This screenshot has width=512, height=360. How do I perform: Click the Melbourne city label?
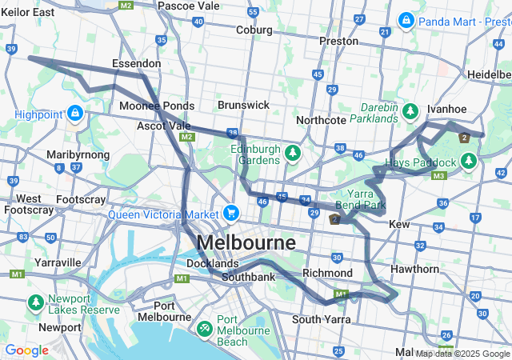(246, 242)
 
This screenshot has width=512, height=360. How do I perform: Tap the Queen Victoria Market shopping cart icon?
(231, 213)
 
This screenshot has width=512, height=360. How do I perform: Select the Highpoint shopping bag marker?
(75, 114)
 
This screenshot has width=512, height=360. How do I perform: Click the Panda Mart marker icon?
(406, 18)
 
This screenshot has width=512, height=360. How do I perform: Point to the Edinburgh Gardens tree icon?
(292, 152)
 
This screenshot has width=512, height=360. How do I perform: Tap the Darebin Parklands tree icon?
(411, 110)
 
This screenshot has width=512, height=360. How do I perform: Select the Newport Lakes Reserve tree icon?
(36, 303)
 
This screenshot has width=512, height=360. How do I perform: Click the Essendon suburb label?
(136, 63)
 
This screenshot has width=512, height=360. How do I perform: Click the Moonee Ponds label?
(157, 106)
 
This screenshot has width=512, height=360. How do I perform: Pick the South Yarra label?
(317, 319)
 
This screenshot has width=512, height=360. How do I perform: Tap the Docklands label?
(212, 263)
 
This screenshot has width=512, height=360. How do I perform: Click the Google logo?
(26, 350)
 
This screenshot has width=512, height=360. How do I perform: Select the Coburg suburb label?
(254, 30)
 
